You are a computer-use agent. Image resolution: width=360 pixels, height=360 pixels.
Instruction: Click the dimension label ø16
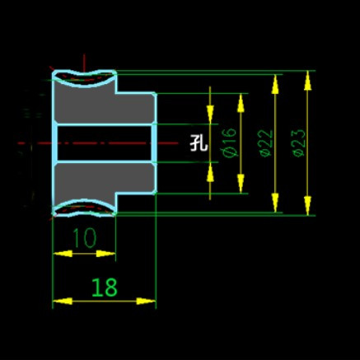229,143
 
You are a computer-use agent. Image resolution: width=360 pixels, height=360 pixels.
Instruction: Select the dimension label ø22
266,143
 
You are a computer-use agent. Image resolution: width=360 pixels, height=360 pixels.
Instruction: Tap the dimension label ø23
298,143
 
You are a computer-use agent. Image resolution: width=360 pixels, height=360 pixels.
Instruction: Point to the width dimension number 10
85,238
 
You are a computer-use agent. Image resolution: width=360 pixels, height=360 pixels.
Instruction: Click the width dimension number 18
105,288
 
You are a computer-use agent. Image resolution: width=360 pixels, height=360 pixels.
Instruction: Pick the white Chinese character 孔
199,143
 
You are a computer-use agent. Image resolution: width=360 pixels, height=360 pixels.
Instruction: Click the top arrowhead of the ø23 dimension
307,80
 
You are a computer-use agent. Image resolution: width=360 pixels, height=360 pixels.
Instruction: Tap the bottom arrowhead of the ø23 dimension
307,205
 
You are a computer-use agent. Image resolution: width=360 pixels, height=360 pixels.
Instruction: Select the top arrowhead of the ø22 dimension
275,84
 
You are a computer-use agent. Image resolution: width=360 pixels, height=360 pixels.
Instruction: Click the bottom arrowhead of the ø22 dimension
275,203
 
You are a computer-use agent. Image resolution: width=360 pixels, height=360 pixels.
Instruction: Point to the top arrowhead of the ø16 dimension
241,103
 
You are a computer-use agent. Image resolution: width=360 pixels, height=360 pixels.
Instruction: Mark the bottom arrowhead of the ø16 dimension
241,184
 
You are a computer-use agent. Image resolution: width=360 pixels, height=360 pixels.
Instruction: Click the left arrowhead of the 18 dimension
63,302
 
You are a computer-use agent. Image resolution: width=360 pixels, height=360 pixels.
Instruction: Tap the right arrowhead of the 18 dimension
146,302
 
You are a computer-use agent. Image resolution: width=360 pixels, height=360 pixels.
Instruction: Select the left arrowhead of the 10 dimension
63,254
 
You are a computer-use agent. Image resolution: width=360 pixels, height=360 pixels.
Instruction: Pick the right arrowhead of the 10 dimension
106,254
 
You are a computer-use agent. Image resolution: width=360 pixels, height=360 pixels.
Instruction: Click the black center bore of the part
105,143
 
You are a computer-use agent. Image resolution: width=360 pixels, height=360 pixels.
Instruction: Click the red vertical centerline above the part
84,63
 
